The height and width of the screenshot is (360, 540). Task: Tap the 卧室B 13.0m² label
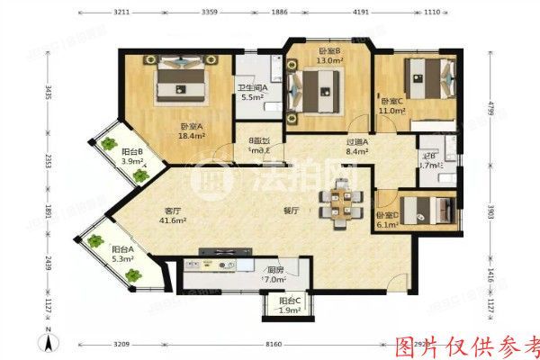pyautogui.click(x=328, y=57)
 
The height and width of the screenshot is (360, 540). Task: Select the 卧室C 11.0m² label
pyautogui.click(x=393, y=105)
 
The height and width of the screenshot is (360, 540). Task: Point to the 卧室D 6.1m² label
pyautogui.click(x=389, y=220)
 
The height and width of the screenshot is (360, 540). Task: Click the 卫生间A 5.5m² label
pyautogui.click(x=251, y=92)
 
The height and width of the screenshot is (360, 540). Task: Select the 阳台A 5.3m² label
pyautogui.click(x=122, y=254)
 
